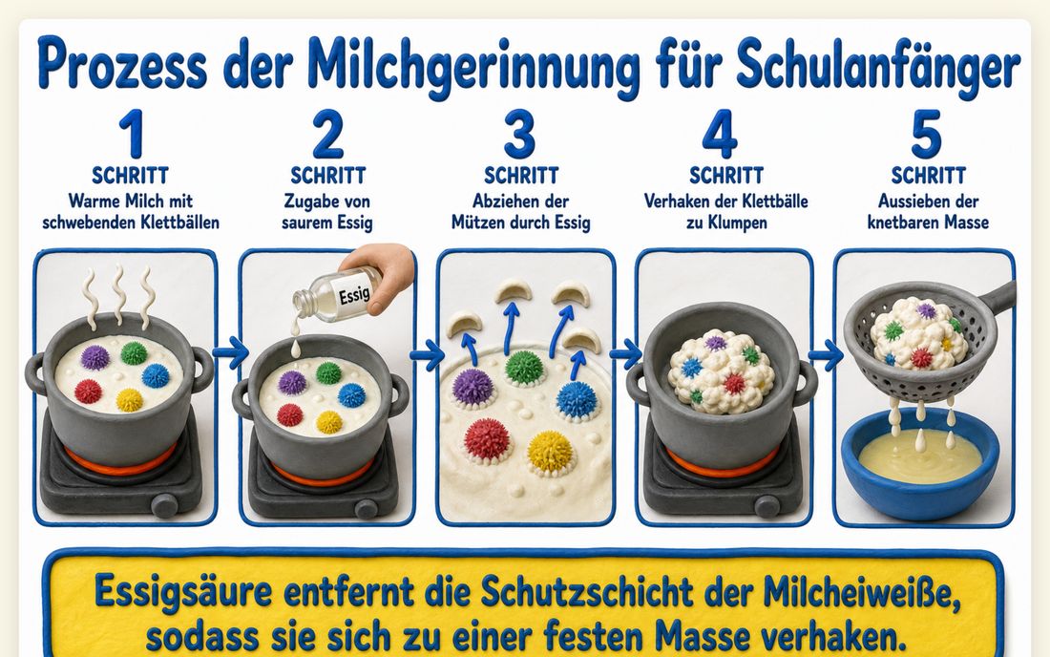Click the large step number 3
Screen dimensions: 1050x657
(519, 134)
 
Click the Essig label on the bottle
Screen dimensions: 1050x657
(354, 292)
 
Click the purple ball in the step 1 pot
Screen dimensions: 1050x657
(95, 358)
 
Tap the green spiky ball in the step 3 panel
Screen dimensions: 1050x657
(524, 368)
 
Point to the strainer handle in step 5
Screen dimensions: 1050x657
(997, 298)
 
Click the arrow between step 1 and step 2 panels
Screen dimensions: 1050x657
(230, 352)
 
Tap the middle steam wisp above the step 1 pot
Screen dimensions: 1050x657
(119, 289)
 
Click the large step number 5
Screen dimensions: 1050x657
(927, 134)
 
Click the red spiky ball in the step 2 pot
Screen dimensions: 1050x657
(289, 415)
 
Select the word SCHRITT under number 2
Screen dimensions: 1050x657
(328, 176)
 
